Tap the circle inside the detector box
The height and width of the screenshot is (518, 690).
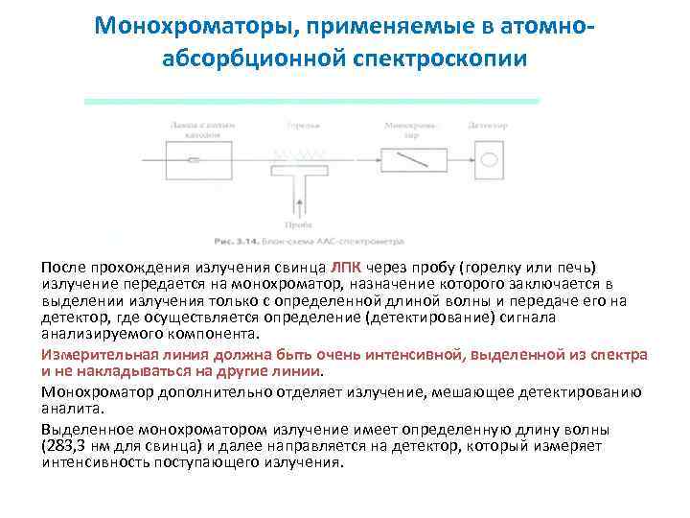point(490,156)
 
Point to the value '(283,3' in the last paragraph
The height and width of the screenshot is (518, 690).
point(65,445)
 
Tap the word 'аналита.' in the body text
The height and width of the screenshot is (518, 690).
point(68,407)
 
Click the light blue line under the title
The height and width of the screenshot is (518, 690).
point(311,101)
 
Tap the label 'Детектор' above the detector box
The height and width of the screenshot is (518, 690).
point(488,125)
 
